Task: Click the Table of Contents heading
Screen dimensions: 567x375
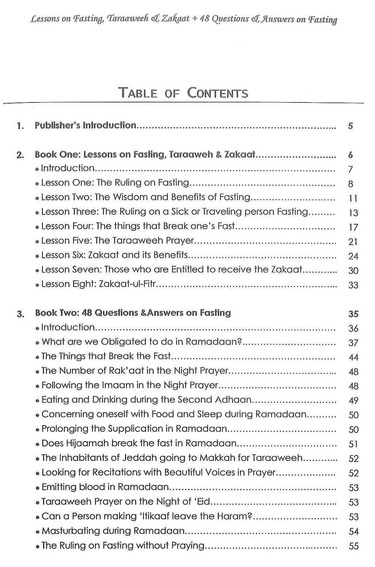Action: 184,93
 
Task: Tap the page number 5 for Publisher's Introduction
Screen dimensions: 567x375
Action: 350,126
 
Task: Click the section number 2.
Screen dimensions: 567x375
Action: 20,155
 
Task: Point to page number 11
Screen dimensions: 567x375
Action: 353,198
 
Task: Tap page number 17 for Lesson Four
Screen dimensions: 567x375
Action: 353,227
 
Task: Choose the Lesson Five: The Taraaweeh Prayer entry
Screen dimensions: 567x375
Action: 117,241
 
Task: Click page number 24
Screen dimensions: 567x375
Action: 353,256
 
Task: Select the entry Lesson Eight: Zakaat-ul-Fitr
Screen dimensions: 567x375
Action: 98,284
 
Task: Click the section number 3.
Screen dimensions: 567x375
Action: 20,314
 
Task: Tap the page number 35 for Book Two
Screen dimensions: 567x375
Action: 353,314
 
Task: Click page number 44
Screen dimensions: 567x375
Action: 353,357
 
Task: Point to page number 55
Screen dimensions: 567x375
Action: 353,546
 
